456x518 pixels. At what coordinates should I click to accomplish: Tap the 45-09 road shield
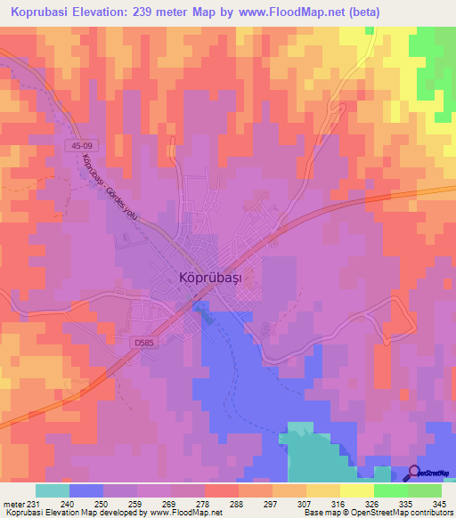click(78, 145)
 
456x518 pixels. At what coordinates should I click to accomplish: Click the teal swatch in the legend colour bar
click(52, 490)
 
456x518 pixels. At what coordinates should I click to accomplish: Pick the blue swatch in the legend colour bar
click(85, 490)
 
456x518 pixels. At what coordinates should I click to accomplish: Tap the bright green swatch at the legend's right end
click(425, 490)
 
